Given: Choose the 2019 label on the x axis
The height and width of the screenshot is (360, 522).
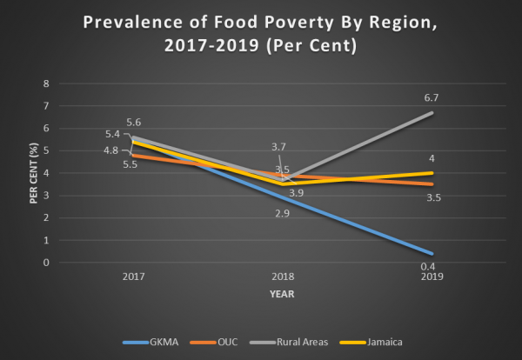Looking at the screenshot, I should (x=432, y=278).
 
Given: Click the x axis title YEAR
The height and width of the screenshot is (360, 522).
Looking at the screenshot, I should (x=283, y=294).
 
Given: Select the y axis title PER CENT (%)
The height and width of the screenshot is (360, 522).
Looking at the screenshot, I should (x=32, y=174).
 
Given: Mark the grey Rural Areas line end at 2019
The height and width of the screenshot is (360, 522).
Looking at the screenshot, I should (x=433, y=113).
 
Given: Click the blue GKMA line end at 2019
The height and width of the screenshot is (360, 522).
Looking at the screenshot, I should (x=433, y=254).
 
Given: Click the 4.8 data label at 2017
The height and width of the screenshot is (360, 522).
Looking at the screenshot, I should (x=112, y=150).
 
